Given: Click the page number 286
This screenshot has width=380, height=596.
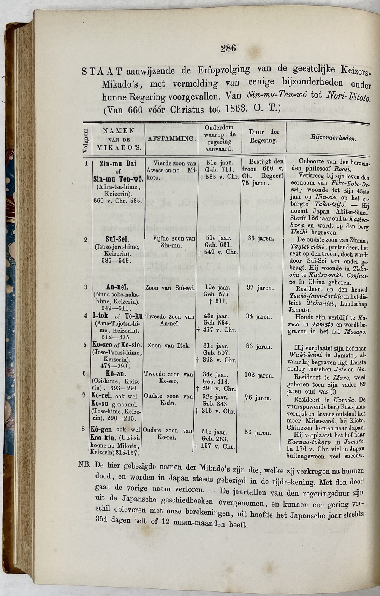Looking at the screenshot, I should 228,48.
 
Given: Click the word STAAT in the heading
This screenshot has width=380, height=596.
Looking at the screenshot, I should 102,72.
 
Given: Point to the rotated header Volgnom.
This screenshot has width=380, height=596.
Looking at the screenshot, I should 87,139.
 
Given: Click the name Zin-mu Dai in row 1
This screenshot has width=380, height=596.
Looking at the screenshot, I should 118,163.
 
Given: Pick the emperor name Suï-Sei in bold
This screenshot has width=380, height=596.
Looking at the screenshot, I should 117,239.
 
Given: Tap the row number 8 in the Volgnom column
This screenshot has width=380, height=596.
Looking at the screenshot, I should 84,429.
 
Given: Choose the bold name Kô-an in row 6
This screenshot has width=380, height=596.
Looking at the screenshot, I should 116,374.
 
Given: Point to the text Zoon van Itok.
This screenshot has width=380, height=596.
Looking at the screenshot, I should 169,346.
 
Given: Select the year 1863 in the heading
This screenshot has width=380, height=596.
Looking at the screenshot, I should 236,109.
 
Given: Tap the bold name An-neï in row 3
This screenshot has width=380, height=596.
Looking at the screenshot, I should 117,287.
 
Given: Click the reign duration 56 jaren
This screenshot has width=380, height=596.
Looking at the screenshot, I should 258,433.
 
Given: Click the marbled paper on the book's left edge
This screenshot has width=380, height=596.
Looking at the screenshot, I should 9,266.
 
